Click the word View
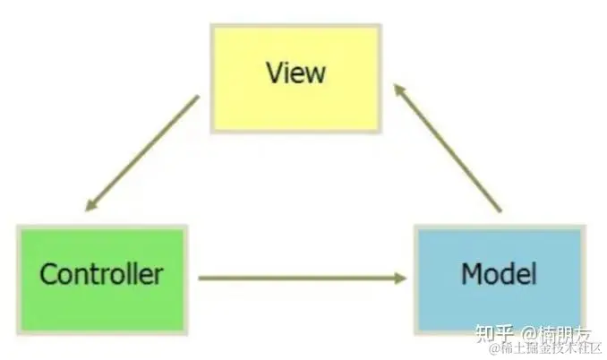[295, 73]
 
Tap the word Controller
[101, 273]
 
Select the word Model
[499, 273]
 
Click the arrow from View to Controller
[141, 153]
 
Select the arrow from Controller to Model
[300, 278]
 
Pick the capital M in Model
[472, 273]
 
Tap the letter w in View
[314, 73]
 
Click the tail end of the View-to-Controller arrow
[197, 99]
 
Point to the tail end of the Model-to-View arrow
[499, 211]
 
